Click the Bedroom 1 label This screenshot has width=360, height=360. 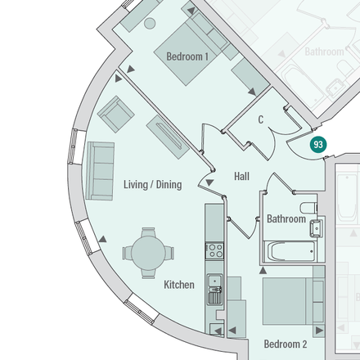(x=187, y=56)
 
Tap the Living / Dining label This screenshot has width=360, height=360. (x=153, y=185)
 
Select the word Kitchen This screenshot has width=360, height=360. (x=179, y=285)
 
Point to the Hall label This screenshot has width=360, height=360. (x=241, y=176)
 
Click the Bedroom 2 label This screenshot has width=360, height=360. (x=286, y=344)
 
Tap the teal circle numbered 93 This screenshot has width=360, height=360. (x=318, y=144)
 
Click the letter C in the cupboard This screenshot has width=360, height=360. (x=261, y=119)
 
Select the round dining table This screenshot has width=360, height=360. (x=148, y=253)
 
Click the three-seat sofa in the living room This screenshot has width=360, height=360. (x=100, y=171)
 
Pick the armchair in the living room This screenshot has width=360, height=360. (x=116, y=115)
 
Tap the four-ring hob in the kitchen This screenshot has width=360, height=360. (x=214, y=250)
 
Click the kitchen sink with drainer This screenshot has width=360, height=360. (x=215, y=289)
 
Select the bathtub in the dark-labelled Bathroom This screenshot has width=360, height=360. (x=290, y=251)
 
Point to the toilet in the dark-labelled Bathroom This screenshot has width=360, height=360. (x=308, y=208)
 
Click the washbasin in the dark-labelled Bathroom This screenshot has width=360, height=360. (x=316, y=228)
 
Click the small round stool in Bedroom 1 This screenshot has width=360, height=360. (x=150, y=24)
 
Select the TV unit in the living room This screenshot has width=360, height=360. (x=168, y=137)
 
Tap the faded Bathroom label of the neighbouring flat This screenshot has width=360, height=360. (x=324, y=52)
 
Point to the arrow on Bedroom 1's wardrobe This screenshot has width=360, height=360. (x=252, y=92)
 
